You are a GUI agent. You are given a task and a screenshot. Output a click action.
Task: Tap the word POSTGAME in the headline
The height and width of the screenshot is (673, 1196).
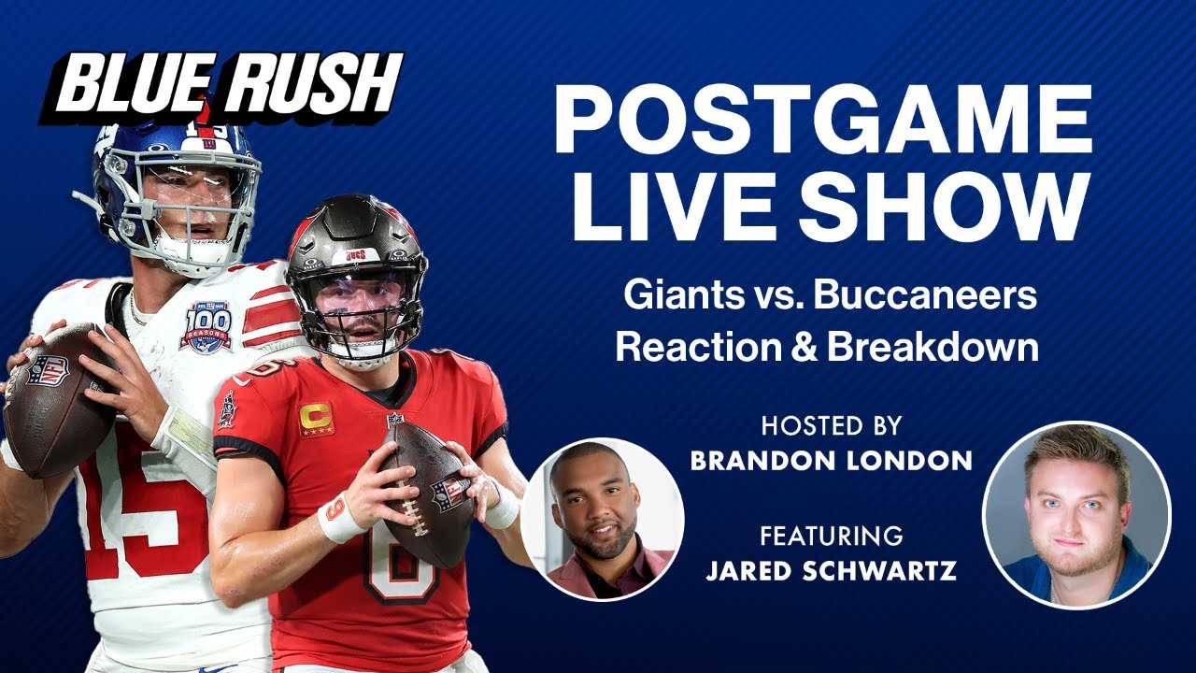(822, 121)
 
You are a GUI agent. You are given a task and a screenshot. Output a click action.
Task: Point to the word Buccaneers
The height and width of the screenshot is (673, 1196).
(925, 296)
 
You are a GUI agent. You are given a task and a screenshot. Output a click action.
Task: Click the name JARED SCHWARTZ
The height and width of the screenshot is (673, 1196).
(832, 571)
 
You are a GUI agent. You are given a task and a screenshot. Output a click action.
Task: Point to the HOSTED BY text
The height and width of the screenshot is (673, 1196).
(832, 426)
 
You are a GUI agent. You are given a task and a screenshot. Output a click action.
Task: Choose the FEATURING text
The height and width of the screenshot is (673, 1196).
(832, 537)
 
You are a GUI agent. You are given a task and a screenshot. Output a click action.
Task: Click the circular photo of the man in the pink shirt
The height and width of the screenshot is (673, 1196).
(603, 519)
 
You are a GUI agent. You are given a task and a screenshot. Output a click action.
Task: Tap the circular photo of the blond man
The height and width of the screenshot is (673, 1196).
(1076, 515)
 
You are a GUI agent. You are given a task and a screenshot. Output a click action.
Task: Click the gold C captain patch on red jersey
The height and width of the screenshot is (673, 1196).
(316, 419)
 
